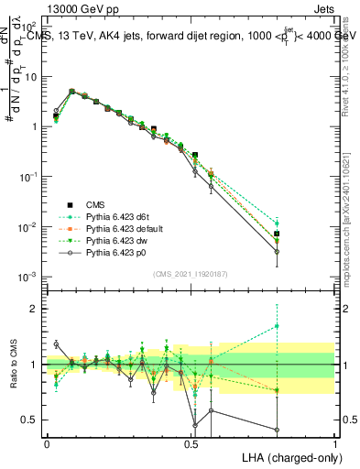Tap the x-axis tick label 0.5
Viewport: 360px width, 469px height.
191,442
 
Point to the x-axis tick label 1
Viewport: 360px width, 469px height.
335,442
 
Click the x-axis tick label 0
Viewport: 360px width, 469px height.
47,442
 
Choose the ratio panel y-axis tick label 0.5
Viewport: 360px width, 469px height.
33,420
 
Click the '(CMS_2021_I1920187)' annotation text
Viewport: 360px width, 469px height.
191,273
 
